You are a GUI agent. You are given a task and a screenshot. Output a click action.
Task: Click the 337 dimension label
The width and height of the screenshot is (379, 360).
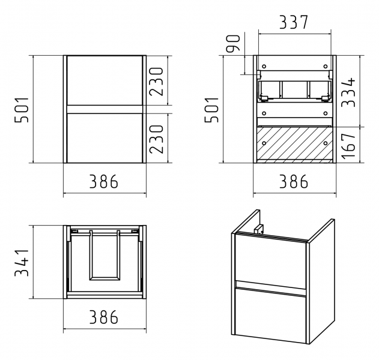294,22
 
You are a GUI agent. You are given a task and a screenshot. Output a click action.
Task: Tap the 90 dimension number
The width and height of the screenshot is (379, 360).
233,43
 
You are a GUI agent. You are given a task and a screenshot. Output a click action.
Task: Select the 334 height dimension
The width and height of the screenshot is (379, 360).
348,92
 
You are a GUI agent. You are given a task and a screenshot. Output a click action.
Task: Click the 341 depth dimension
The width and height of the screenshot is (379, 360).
22,262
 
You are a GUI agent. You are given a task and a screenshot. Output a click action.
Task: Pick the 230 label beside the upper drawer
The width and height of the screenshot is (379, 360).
156,82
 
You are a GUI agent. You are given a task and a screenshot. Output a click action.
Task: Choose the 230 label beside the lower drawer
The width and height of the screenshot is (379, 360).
156,139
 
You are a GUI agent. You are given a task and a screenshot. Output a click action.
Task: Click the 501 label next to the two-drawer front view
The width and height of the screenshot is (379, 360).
22,110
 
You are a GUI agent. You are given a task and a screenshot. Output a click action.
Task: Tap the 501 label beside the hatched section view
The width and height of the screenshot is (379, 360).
212,110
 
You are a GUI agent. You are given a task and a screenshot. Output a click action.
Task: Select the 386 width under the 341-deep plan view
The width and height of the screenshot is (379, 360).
104,317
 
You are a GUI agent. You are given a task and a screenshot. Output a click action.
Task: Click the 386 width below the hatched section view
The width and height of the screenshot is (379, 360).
294,181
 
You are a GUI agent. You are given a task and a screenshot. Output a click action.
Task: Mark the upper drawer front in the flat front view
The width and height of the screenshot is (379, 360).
105,80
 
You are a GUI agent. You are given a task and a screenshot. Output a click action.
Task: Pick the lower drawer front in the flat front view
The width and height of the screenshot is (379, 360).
105,138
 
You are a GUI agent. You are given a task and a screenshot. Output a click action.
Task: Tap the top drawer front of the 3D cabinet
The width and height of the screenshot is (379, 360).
271,261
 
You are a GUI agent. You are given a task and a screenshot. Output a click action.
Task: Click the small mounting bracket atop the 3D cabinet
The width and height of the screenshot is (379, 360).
259,229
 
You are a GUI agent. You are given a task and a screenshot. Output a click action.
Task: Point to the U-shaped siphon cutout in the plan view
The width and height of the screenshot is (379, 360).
105,256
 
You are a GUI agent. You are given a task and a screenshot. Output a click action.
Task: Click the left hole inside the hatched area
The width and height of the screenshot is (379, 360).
264,143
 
